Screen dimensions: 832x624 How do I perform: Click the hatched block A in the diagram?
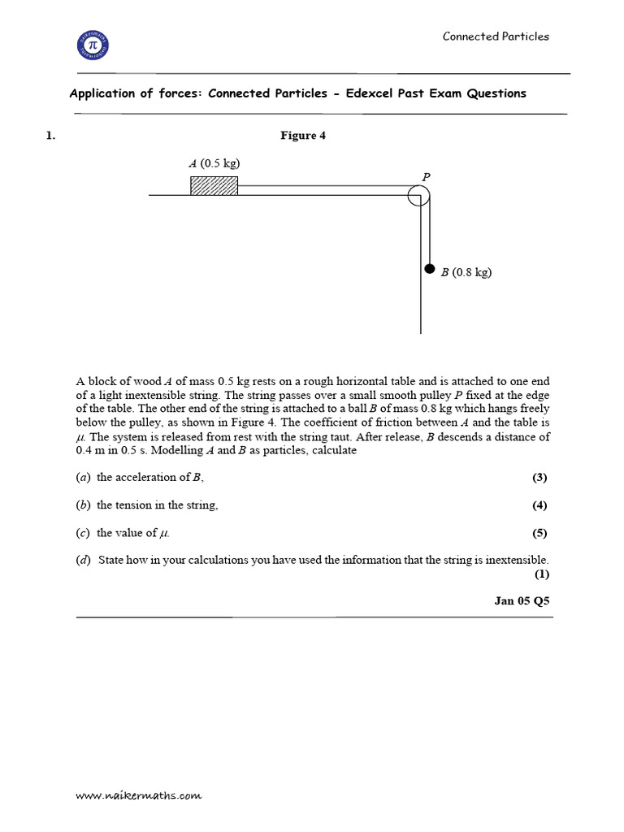(214, 186)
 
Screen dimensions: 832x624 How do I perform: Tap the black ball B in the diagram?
(430, 269)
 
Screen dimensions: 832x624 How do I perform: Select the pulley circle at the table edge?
(418, 196)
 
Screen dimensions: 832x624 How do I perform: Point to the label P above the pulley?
(426, 176)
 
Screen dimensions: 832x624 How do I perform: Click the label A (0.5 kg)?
(214, 163)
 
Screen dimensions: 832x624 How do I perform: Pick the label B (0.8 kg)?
(466, 273)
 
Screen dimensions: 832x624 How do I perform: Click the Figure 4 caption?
(303, 136)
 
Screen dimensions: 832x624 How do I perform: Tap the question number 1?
(50, 136)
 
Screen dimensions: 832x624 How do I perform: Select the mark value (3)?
(539, 478)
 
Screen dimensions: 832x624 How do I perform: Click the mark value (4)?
(539, 505)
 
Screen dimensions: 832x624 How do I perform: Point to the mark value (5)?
(539, 534)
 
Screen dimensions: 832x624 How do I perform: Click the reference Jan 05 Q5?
(523, 601)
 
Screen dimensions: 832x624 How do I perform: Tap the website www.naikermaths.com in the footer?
(138, 797)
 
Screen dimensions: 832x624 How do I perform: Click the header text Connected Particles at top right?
(496, 37)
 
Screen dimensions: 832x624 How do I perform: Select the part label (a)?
(83, 478)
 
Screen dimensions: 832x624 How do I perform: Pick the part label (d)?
(84, 560)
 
